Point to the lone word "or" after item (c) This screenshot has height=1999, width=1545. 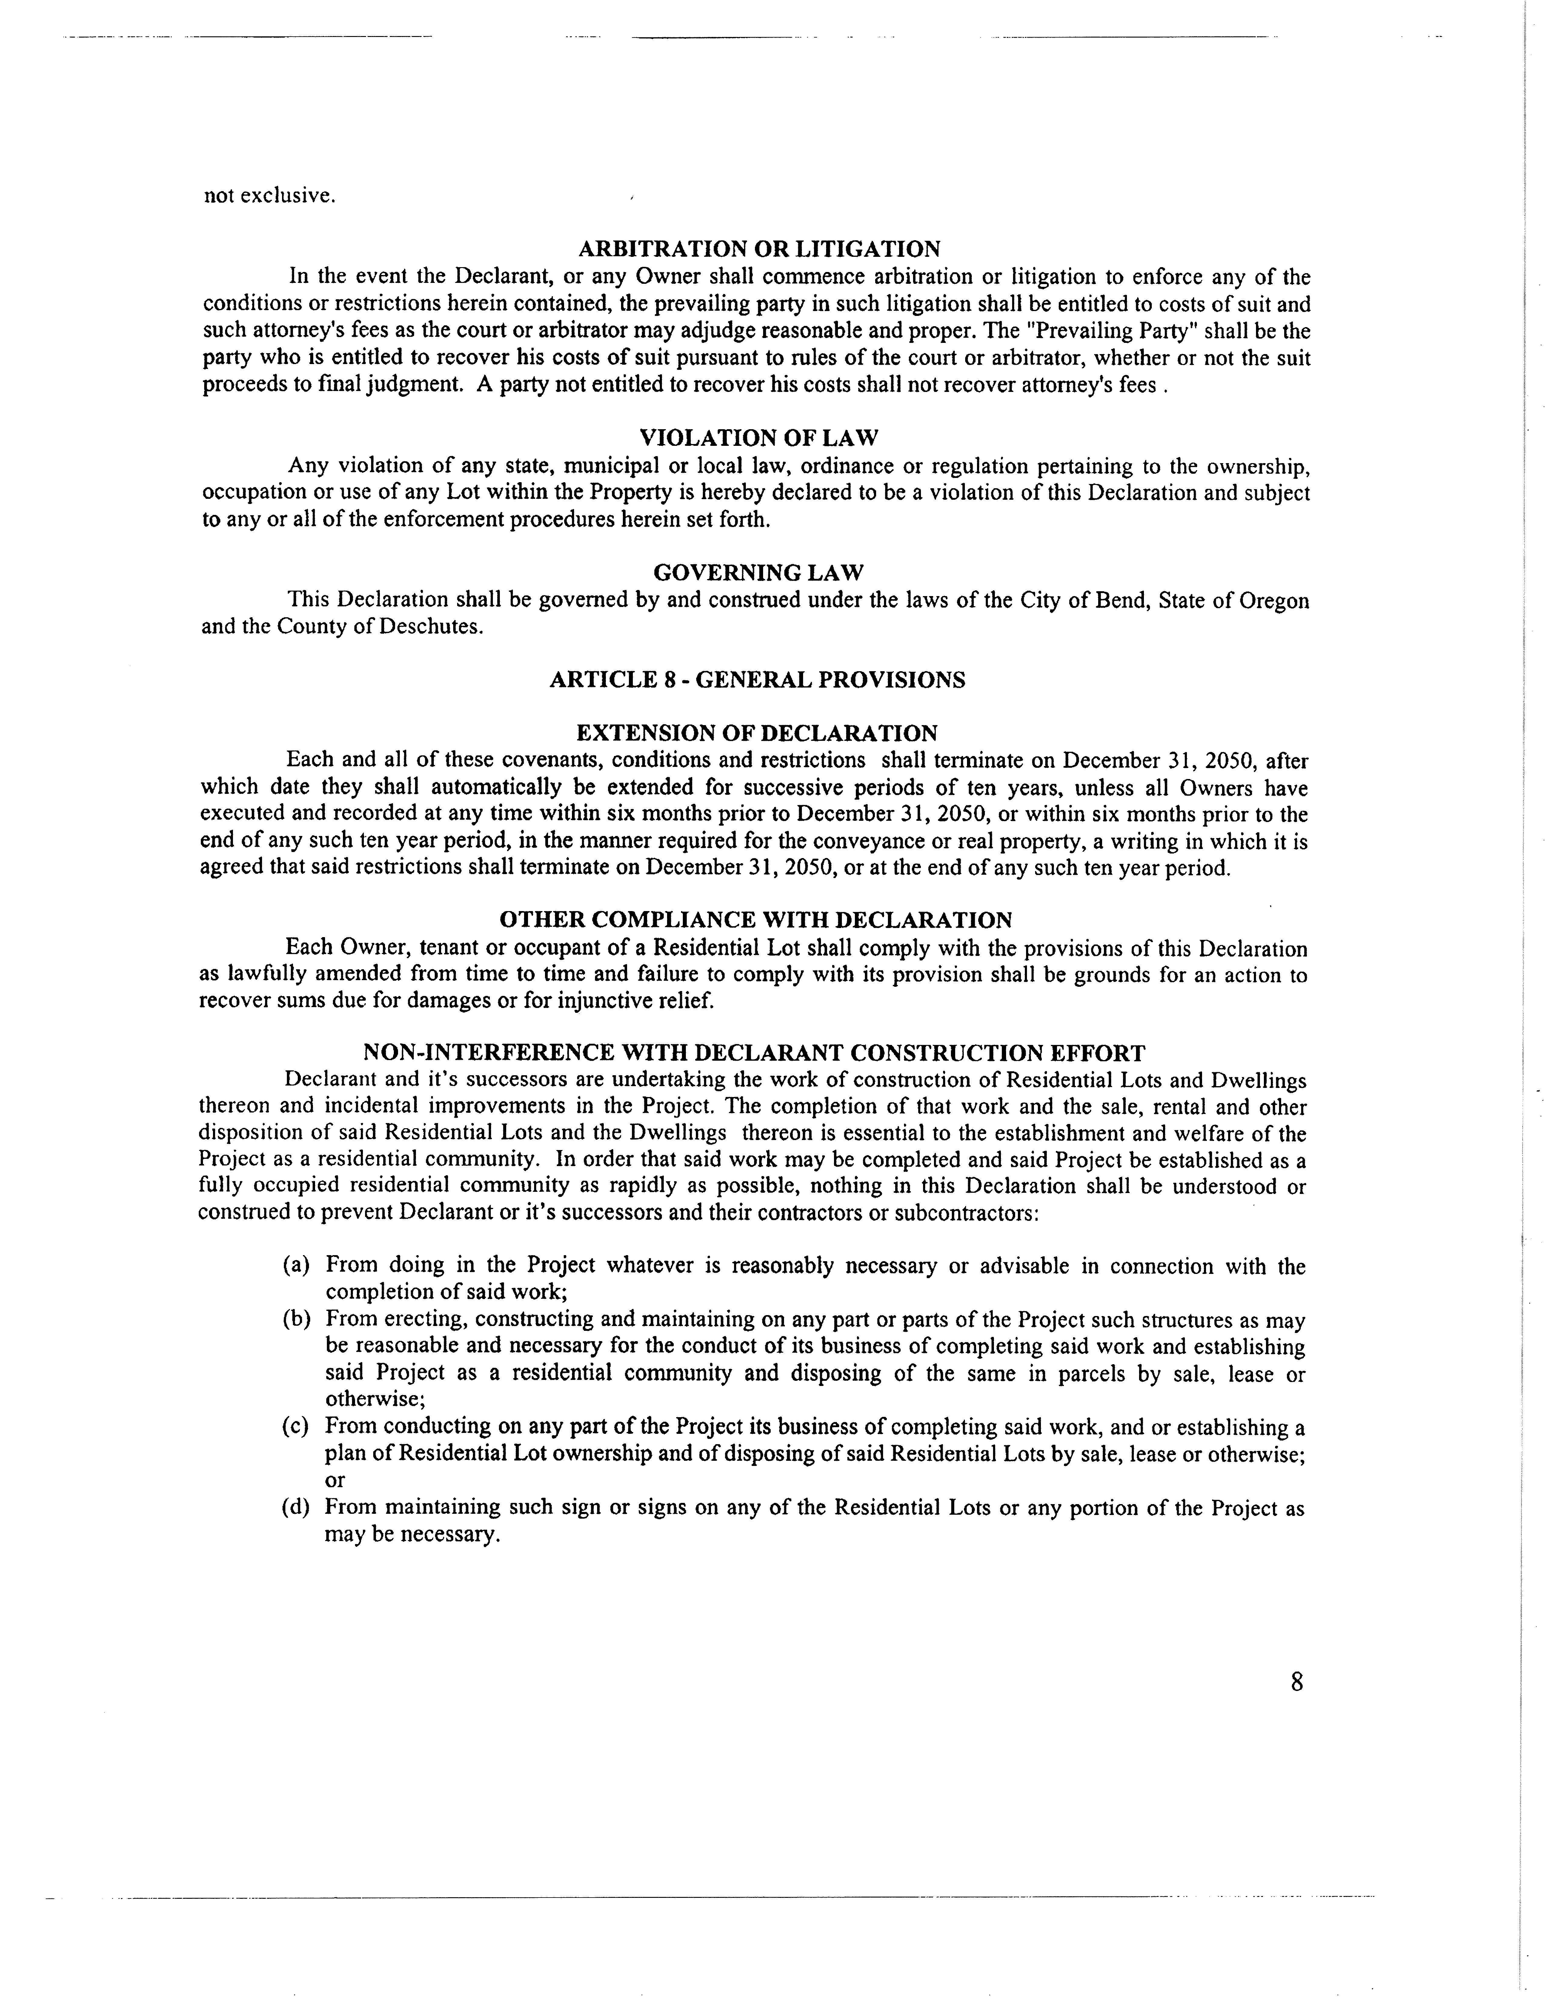335,1480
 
